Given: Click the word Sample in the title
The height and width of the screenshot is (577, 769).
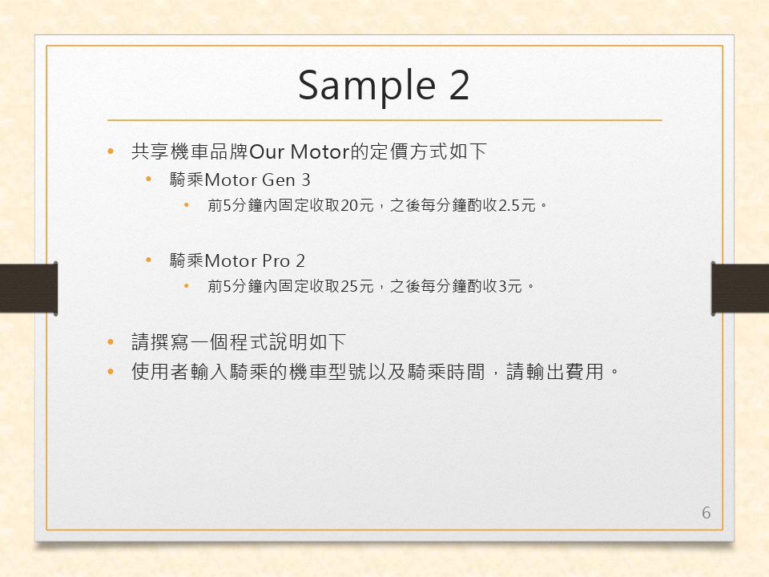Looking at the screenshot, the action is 367,87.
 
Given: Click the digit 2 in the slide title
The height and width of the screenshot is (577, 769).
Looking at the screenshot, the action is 459,84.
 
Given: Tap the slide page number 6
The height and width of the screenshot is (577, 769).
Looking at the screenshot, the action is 707,513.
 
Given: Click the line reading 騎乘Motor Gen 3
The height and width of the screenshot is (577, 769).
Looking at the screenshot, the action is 240,180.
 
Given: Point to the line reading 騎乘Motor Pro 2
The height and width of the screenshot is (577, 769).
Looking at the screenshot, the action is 237,260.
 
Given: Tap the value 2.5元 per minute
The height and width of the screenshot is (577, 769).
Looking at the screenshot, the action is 517,205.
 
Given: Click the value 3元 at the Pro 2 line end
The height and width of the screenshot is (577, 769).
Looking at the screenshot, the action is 509,286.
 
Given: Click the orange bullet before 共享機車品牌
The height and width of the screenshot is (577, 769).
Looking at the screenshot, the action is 111,151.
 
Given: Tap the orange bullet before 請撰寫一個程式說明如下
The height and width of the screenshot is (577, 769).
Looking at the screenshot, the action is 111,341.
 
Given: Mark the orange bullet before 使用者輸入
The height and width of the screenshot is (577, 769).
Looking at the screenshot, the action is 111,371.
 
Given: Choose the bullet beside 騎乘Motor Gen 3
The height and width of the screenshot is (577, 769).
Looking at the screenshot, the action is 149,180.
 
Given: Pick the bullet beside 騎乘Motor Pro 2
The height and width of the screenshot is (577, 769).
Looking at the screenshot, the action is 149,260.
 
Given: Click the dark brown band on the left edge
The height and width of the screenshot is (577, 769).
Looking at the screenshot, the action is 29,288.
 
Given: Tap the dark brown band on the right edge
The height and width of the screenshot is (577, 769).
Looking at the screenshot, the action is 740,288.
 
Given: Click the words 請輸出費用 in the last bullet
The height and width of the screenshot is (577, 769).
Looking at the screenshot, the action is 554,371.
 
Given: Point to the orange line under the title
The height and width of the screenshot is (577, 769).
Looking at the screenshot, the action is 384,119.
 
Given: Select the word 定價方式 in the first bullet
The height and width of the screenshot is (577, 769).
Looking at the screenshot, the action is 409,151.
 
